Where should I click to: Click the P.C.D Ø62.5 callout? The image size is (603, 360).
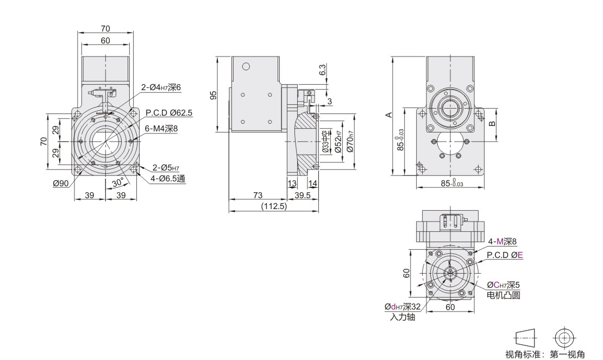[169, 113]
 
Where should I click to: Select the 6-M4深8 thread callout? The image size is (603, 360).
[161, 129]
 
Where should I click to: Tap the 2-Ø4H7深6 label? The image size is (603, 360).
[161, 87]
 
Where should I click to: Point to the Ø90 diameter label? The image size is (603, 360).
[61, 184]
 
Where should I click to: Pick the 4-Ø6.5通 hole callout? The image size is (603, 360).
[168, 179]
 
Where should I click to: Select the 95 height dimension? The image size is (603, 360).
[214, 94]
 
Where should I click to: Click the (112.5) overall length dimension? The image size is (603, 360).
[274, 206]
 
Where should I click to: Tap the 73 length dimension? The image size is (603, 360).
[257, 195]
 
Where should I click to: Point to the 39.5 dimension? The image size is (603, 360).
[302, 195]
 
